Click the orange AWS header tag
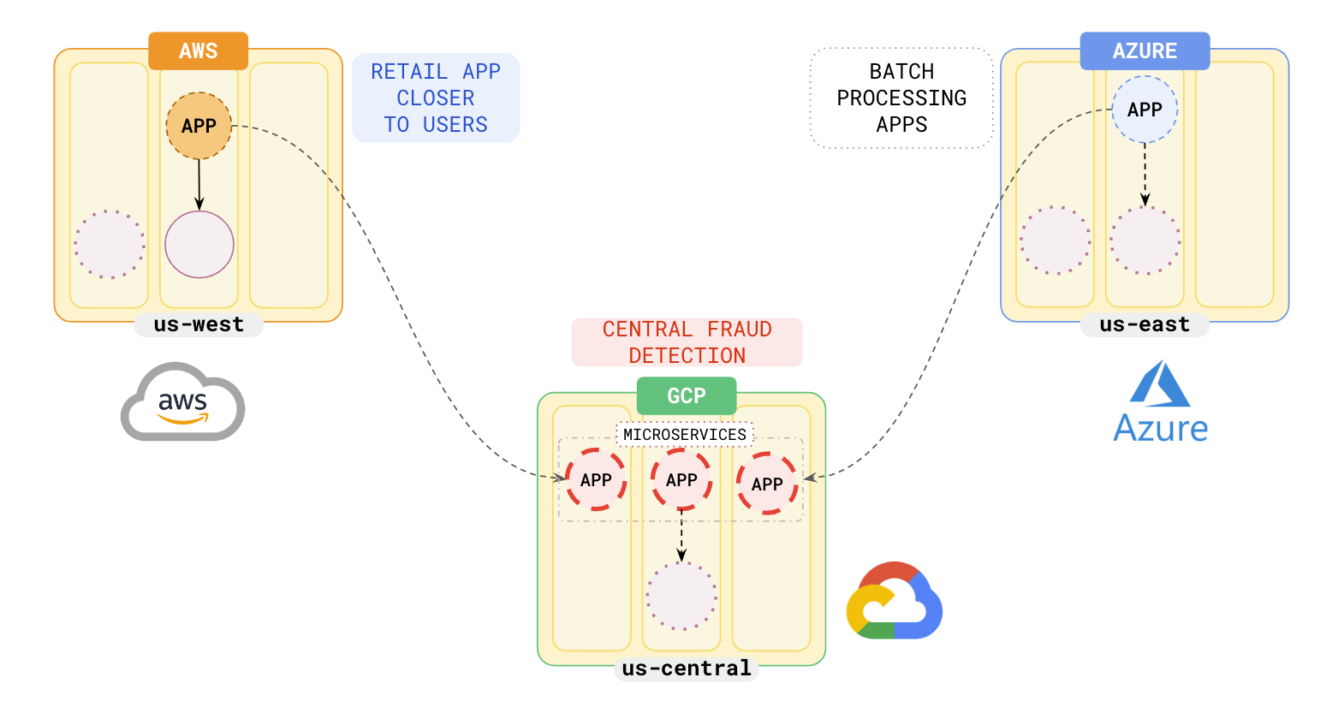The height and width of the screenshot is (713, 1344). (198, 51)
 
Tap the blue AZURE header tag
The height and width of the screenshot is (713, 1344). (1145, 51)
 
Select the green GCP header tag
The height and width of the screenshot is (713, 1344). (687, 395)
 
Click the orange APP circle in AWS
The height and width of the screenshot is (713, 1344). (199, 126)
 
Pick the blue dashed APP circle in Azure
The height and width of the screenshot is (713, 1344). (1145, 110)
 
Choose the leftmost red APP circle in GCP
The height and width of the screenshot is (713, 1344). (596, 479)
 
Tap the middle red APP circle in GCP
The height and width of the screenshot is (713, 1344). (681, 479)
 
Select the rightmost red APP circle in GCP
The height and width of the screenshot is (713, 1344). (767, 484)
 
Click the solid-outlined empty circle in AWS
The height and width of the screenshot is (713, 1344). (199, 245)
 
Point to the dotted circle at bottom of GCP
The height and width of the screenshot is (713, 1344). (681, 596)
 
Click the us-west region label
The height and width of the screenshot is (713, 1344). (199, 324)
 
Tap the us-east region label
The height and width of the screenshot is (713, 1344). (1145, 324)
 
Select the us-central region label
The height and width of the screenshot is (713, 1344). (687, 668)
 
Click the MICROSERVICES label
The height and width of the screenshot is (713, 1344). (685, 435)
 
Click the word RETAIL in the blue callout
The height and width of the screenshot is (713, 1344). (409, 72)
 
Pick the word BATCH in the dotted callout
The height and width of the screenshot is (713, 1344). (901, 72)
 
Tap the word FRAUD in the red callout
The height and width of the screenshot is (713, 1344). (740, 330)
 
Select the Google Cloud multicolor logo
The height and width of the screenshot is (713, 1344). (894, 601)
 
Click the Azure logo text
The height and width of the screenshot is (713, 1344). (1160, 428)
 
